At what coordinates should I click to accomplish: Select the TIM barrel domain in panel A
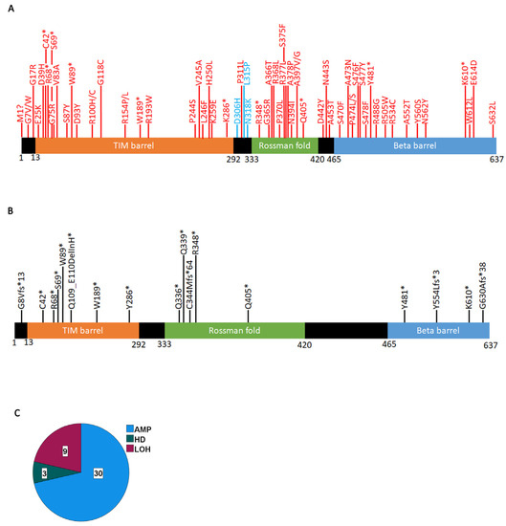134,144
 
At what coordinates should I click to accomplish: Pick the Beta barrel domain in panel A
414,144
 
